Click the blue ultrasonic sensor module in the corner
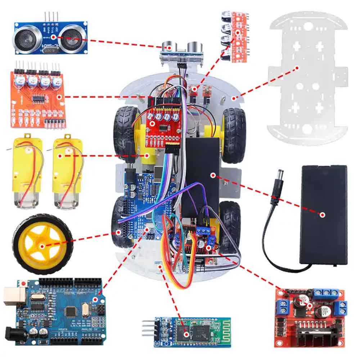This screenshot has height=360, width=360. click(50, 37)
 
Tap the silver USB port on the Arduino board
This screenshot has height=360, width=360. click(13, 296)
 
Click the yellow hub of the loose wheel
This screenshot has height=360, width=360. click(42, 246)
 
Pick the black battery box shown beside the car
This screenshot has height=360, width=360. click(324, 214)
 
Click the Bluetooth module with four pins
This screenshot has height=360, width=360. click(187, 332)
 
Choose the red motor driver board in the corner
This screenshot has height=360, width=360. click(310, 317)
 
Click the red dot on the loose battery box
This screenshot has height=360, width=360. click(323, 215)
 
